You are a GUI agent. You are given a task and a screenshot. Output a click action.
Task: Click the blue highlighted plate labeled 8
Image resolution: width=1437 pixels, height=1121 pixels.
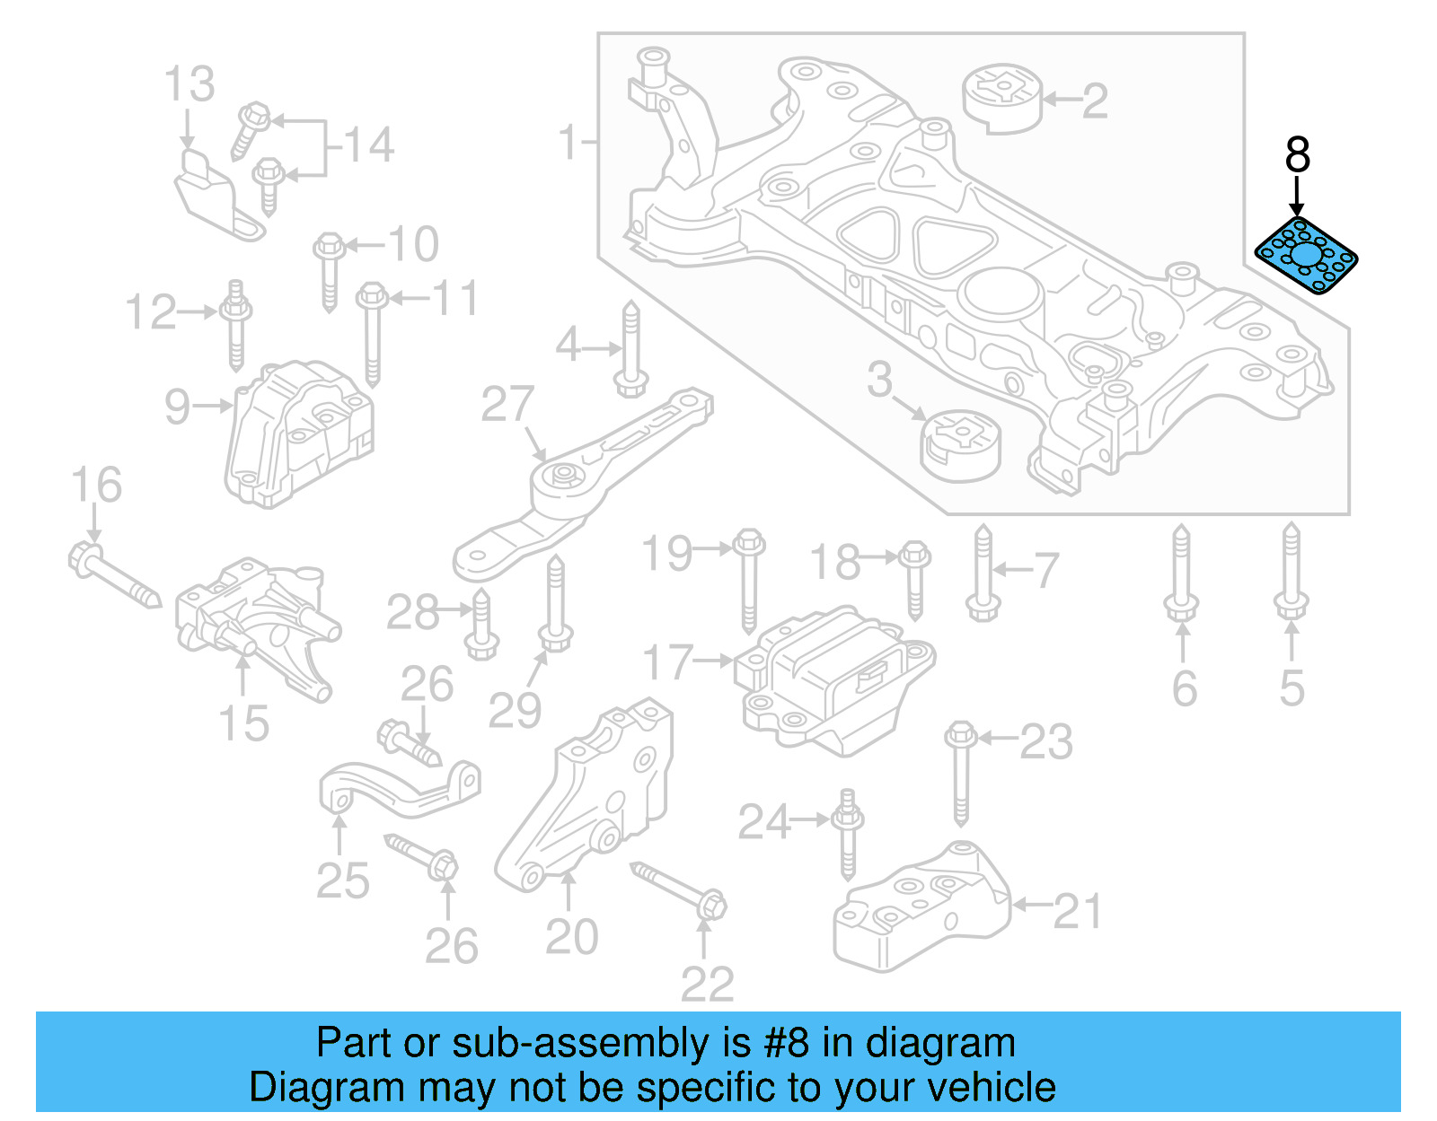tap(1306, 257)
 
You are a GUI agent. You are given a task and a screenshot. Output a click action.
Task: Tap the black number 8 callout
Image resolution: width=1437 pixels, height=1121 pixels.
tap(1297, 155)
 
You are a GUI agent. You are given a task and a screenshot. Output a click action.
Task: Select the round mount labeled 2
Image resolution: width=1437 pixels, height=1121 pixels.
tap(1002, 98)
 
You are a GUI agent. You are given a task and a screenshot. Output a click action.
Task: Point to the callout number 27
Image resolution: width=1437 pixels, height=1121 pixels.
tap(507, 405)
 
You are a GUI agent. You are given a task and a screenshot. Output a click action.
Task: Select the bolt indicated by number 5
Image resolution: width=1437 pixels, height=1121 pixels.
tap(1291, 571)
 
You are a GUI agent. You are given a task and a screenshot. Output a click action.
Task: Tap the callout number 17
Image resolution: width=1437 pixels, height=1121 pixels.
tap(668, 663)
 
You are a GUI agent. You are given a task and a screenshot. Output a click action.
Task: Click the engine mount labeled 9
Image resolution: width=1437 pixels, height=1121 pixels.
tap(298, 433)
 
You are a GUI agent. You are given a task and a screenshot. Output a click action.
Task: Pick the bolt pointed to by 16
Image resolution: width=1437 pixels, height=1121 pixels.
tap(113, 575)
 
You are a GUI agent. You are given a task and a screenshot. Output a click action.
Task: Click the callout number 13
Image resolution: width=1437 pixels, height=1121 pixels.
tap(190, 84)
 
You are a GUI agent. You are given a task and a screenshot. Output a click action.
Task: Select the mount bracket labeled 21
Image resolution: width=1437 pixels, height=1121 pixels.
tap(921, 906)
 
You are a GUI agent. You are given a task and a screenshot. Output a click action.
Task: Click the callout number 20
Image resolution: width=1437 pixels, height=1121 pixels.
tap(571, 938)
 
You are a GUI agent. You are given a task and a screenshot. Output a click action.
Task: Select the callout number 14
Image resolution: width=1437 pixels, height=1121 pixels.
tap(369, 145)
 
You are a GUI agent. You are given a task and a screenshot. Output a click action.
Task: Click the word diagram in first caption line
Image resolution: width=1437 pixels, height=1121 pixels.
tap(940, 1043)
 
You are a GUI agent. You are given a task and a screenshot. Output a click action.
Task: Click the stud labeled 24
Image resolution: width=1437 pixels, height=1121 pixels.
tap(848, 835)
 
